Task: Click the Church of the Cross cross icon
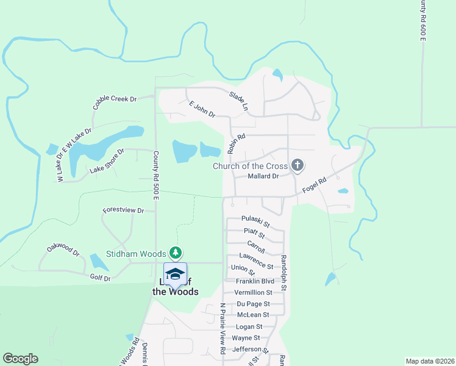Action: (297, 165)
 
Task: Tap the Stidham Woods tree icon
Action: (176, 253)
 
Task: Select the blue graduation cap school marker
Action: (175, 273)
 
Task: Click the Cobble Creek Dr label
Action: (115, 102)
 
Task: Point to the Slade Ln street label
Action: (239, 101)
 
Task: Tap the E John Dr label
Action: (202, 109)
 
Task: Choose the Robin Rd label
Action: (236, 144)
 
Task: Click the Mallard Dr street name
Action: (263, 176)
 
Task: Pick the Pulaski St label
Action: (255, 218)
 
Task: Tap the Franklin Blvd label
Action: (255, 281)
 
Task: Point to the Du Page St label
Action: (253, 304)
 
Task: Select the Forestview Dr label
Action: (123, 210)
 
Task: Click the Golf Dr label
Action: (100, 278)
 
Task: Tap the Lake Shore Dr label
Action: (107, 160)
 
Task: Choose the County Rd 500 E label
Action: (156, 176)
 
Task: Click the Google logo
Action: (20, 359)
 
